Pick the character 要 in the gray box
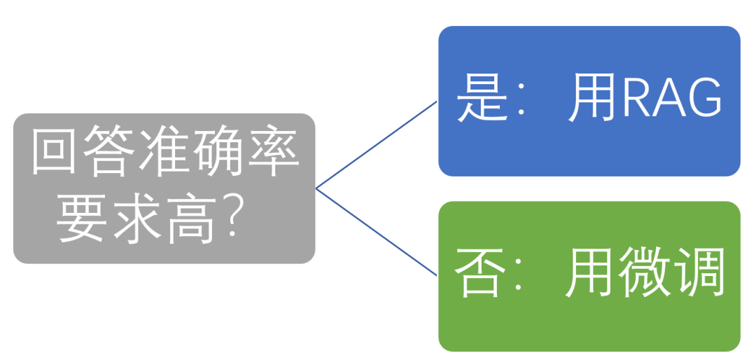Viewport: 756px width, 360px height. [x=84, y=220]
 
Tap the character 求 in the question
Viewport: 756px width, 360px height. [x=138, y=220]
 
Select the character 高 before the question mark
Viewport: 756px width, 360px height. [x=192, y=220]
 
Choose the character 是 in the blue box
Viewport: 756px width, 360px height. [x=482, y=100]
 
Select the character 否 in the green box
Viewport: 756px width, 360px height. [x=479, y=276]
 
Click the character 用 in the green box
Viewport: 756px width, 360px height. [x=589, y=276]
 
